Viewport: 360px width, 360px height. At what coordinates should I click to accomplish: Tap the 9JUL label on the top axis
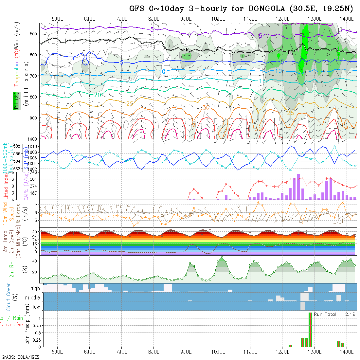[x=186, y=18]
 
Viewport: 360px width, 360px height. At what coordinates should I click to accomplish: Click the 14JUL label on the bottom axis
[x=347, y=352]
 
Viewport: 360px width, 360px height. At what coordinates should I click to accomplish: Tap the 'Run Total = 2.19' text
[x=334, y=314]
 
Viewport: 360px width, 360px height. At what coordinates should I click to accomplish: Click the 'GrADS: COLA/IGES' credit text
[x=20, y=357]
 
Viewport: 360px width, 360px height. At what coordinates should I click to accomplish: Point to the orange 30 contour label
[x=206, y=107]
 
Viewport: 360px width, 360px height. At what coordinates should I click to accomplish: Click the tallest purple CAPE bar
[x=298, y=187]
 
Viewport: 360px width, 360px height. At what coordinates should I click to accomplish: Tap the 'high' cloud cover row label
[x=35, y=288]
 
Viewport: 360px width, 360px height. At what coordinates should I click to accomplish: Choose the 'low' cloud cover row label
[x=36, y=307]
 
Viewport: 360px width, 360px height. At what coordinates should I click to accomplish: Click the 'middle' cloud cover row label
[x=33, y=298]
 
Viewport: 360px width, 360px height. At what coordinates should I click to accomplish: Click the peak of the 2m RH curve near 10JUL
[x=222, y=257]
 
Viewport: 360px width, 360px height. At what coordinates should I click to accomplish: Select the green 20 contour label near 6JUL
[x=97, y=95]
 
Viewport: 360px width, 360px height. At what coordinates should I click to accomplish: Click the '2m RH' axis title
[x=11, y=270]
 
